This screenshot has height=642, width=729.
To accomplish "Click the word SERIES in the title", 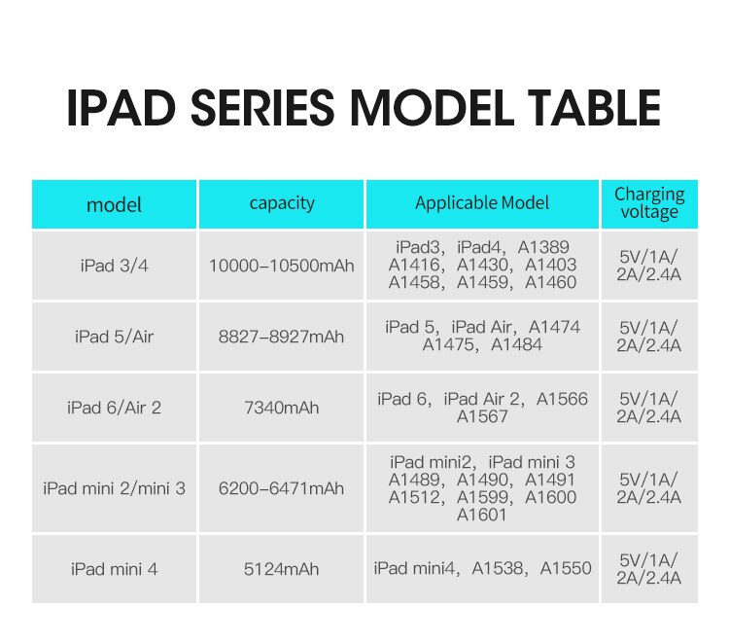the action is [262, 107].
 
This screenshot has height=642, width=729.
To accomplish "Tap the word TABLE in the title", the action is [594, 107].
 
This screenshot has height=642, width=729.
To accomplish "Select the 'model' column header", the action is [114, 204].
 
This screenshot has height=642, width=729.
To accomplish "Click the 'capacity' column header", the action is [282, 203].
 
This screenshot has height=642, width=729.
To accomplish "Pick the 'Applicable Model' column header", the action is [482, 203].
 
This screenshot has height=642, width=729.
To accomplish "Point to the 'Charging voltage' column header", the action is [649, 203].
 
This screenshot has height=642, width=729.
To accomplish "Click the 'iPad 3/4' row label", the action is [114, 266].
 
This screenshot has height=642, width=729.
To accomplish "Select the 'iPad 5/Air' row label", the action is [114, 337].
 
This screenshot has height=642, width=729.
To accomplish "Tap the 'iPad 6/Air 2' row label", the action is [114, 408].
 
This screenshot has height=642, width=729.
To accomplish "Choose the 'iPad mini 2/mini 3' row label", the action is [114, 488].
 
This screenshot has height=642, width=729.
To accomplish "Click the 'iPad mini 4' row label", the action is [114, 568].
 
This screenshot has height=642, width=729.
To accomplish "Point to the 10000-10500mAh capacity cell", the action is [281, 266].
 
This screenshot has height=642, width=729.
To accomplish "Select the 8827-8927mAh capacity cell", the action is [281, 337].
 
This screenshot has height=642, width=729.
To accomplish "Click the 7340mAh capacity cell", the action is [281, 408].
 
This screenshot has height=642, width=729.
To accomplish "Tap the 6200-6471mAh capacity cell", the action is [281, 488].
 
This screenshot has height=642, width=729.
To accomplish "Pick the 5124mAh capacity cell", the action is [281, 568].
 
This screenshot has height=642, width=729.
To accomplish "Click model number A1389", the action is [543, 246].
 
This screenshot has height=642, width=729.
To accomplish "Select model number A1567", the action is [482, 416].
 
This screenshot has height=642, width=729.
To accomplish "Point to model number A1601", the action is [482, 515].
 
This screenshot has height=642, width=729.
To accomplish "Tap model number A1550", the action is [566, 568].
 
